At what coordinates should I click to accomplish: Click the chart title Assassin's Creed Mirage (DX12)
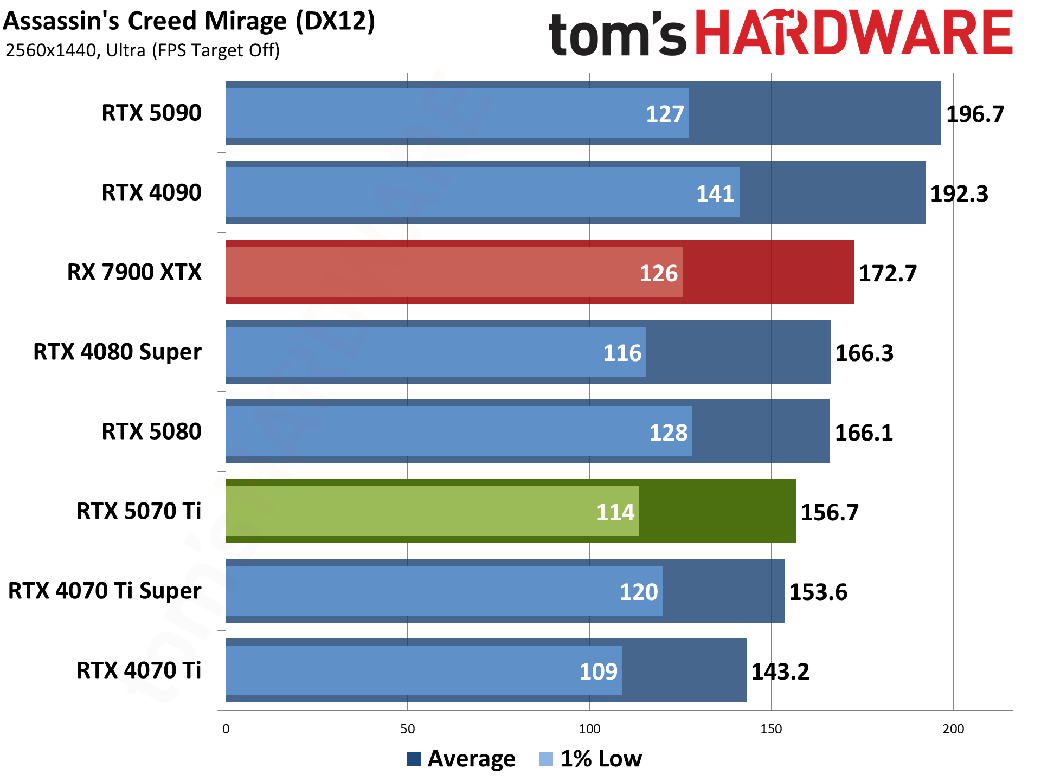click(189, 22)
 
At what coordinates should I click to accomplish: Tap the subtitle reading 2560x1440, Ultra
click(142, 50)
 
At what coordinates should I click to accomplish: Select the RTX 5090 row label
click(151, 113)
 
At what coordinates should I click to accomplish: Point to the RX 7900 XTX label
click(134, 273)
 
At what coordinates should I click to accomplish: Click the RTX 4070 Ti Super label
click(105, 591)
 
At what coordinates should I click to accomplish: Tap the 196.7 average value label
click(975, 114)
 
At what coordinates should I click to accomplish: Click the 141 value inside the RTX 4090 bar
click(715, 194)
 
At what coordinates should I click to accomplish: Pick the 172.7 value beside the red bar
click(888, 274)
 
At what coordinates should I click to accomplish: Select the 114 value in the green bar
click(615, 513)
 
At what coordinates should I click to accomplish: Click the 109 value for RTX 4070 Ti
click(598, 672)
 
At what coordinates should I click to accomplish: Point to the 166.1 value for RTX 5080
click(864, 433)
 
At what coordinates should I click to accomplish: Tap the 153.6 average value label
click(818, 592)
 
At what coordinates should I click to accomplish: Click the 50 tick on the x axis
click(407, 729)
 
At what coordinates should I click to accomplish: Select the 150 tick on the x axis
click(771, 729)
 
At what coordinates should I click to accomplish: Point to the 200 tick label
click(953, 729)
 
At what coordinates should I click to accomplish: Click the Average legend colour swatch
click(413, 759)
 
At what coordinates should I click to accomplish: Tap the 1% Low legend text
click(601, 759)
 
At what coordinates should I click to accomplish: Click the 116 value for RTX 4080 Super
click(622, 353)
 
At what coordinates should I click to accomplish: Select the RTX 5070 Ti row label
click(138, 511)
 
